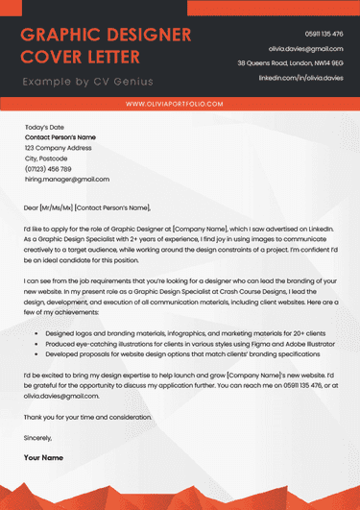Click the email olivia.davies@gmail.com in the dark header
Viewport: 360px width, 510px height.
[x=305, y=48]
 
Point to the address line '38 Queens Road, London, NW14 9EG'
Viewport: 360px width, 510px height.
[x=289, y=62]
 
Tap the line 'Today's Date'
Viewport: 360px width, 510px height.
[x=44, y=127]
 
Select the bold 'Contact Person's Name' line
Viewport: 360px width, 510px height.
[x=60, y=137]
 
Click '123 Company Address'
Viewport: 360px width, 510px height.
[x=58, y=148]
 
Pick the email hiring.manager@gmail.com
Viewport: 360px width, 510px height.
[x=66, y=179]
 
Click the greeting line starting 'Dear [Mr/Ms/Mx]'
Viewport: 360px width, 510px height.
[x=87, y=206]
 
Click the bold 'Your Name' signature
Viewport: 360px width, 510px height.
[x=43, y=457]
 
